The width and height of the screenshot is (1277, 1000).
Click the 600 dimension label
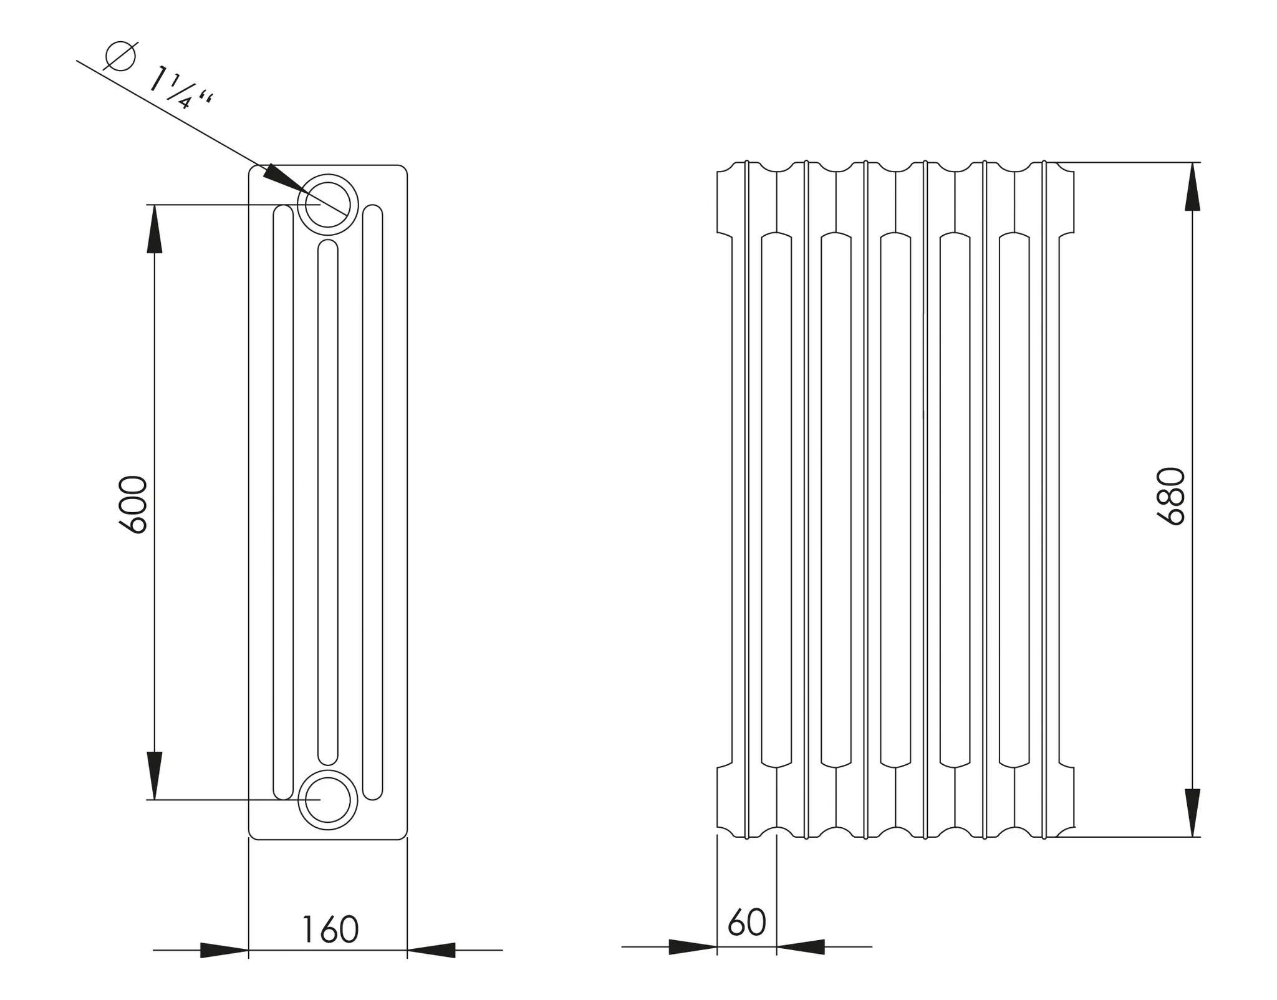pos(133,504)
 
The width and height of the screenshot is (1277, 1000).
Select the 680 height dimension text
pos(1170,496)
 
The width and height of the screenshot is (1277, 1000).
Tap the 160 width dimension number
pos(330,930)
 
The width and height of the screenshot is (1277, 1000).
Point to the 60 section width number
pos(746,922)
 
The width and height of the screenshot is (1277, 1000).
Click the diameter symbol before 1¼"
pos(120,56)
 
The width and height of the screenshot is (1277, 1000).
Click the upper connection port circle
pos(328,205)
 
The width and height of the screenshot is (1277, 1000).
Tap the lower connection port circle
pos(328,800)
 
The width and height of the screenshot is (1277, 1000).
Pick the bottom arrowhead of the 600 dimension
pos(155,775)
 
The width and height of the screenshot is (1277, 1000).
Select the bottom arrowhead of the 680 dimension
pos(1192,813)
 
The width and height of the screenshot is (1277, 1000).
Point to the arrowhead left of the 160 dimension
pos(224,951)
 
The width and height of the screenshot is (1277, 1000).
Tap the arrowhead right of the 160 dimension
pos(431,951)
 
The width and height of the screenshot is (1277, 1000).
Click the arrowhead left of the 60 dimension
pos(693,947)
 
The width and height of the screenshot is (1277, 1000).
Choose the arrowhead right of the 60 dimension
pos(801,947)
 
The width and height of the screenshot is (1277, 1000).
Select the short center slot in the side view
pos(328,502)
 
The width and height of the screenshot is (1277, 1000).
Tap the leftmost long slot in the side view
pos(283,502)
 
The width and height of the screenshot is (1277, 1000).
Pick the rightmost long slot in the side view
pos(373,502)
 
